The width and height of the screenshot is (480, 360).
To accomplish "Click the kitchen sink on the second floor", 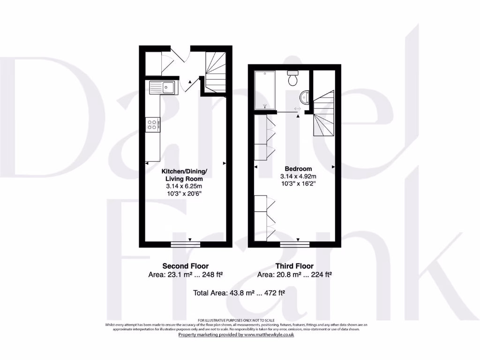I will [x=162, y=87].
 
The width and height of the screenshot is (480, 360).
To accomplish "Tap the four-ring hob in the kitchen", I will [x=153, y=124].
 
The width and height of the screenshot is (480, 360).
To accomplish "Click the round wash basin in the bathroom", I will [x=304, y=97].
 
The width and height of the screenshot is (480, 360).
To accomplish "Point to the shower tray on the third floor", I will [x=265, y=90].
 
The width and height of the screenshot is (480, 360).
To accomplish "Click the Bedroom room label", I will [x=298, y=169].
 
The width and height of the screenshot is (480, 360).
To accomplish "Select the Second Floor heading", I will [x=185, y=266].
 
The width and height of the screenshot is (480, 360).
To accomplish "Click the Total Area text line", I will [x=240, y=293].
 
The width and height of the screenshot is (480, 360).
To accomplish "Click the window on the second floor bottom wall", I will [x=186, y=244].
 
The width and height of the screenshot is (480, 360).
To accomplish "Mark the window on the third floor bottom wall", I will [x=295, y=244].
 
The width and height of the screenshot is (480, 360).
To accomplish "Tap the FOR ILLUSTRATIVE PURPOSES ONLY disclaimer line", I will [x=236, y=320].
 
